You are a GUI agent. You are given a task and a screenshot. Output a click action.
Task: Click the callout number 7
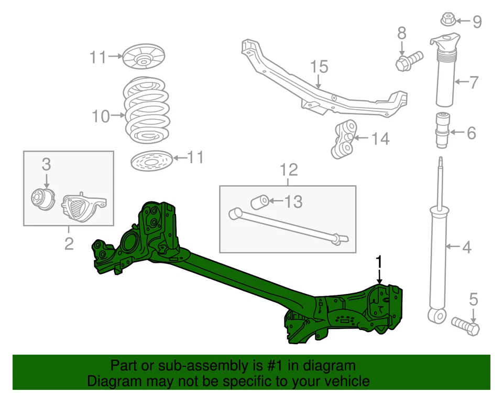coord(473,82)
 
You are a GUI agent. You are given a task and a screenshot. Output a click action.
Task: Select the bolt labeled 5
coord(465,326)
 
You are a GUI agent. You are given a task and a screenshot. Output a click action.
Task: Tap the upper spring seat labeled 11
coord(144,57)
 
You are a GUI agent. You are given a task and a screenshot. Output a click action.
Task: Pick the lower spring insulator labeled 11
coord(151,160)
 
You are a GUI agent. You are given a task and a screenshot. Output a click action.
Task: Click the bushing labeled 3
coord(42,199)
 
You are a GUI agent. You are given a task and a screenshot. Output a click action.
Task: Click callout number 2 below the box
coord(69,243)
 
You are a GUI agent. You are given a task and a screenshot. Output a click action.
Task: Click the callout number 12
coord(289,169)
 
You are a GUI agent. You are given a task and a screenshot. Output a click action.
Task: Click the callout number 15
coord(319,67)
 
